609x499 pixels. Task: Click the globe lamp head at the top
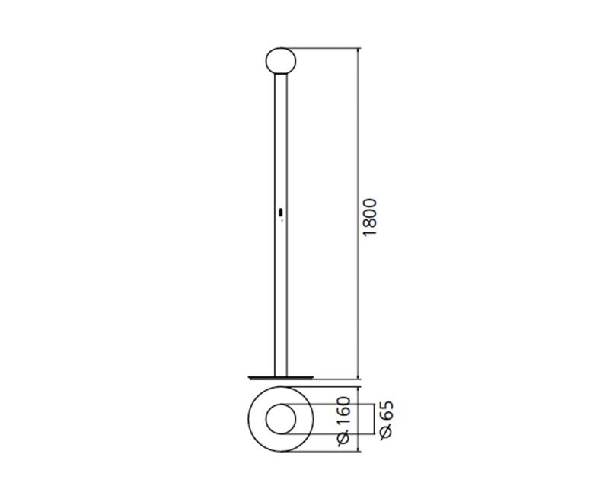click(x=281, y=61)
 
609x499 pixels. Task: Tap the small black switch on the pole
click(x=281, y=213)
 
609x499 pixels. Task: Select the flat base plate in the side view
click(x=280, y=377)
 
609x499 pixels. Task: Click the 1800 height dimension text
click(x=369, y=217)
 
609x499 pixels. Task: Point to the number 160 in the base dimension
click(x=344, y=410)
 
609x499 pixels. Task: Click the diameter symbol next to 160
click(x=344, y=438)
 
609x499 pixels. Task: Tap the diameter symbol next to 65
click(x=386, y=432)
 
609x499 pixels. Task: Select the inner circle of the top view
click(x=281, y=405)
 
